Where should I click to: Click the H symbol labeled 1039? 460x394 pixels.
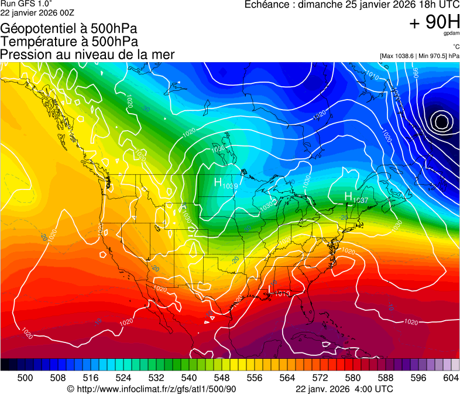coord(218,182)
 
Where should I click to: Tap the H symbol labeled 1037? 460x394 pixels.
coord(348,196)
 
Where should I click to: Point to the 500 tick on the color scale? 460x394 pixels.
coord(25,377)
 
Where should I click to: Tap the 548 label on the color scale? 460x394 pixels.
coord(222,377)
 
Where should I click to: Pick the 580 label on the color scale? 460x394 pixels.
coord(353,377)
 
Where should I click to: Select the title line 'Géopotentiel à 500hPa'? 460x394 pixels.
coord(69,29)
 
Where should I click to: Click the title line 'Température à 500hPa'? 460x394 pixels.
coord(69,42)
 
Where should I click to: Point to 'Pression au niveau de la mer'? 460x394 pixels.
coord(87,55)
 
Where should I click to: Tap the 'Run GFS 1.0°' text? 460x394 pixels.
coord(26,4)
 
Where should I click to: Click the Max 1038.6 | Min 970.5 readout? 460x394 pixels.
coord(419,56)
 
